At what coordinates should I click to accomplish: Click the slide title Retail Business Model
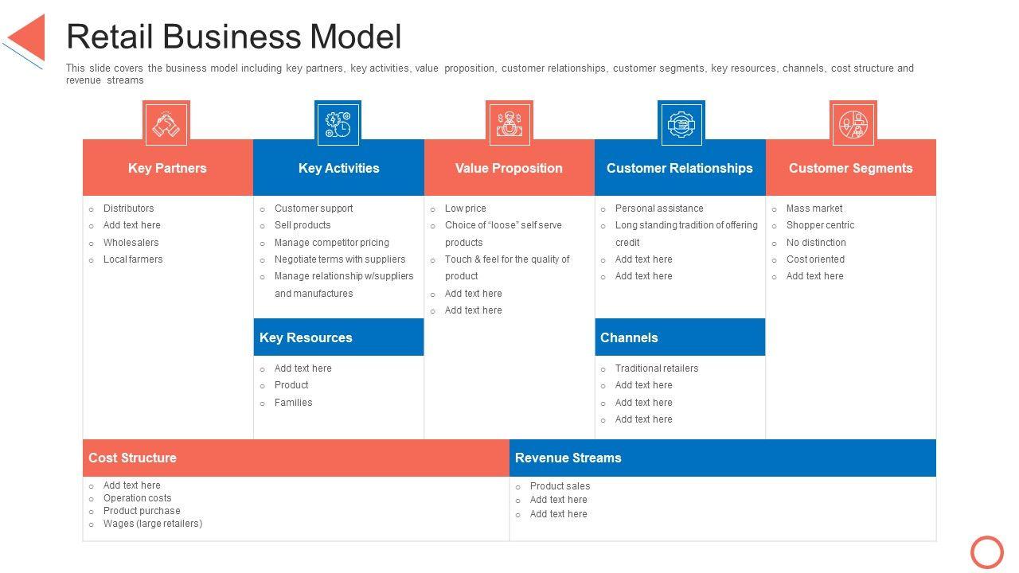pos(233,37)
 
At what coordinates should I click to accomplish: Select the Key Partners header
pos(167,168)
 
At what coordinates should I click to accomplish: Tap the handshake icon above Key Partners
pos(166,124)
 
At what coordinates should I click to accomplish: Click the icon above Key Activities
pos(338,124)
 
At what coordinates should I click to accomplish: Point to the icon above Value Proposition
pos(509,124)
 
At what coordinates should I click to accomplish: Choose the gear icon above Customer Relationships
pos(681,124)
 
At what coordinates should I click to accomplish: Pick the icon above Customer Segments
pos(853,124)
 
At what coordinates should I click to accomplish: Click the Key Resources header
pos(306,337)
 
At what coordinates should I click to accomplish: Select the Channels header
pos(629,337)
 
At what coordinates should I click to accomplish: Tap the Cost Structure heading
pos(132,458)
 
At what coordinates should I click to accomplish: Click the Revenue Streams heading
pos(568,458)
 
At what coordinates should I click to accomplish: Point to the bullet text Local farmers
pos(133,259)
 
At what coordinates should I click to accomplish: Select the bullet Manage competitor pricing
pos(331,243)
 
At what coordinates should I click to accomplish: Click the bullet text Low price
pos(465,209)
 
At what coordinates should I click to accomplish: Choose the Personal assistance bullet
pos(659,209)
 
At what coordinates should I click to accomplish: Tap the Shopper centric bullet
pos(820,225)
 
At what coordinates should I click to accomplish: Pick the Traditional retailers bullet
pos(657,368)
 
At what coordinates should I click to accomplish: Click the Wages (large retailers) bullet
pos(153,524)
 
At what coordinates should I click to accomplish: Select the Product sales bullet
pos(560,486)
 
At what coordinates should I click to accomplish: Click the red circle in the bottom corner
pos(987,552)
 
